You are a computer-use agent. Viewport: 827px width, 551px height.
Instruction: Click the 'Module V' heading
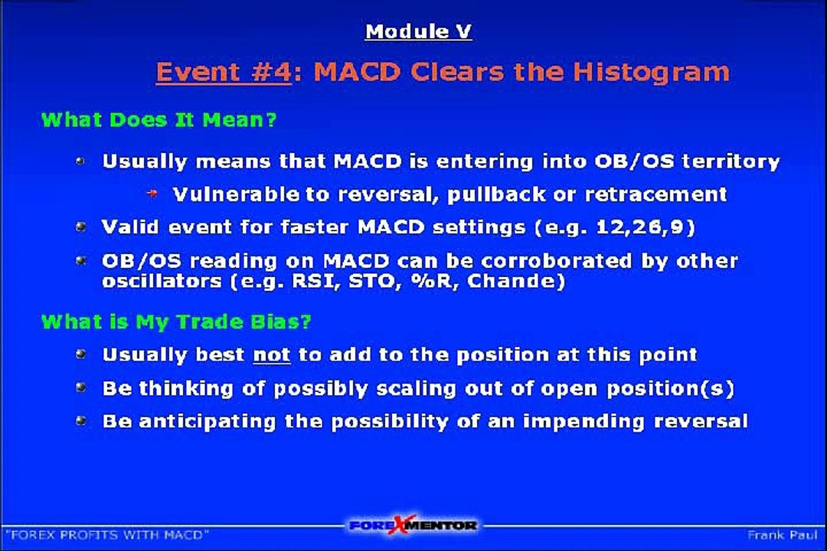(418, 31)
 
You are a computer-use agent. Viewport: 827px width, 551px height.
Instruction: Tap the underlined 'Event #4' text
(224, 72)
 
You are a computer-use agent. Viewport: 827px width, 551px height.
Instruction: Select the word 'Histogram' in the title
(652, 73)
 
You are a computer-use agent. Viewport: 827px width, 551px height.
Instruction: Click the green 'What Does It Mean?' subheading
(159, 119)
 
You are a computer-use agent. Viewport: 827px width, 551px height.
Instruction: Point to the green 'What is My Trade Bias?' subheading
(176, 321)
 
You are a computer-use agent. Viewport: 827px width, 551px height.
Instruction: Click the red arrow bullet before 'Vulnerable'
(152, 194)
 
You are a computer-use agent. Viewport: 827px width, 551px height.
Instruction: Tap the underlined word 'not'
(272, 355)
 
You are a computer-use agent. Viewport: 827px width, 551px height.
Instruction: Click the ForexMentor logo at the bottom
(413, 525)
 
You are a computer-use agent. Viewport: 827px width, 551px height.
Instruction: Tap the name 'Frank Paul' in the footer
(782, 535)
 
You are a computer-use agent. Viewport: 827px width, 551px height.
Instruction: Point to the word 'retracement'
(656, 194)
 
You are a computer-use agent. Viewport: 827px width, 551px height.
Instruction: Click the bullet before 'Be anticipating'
(81, 421)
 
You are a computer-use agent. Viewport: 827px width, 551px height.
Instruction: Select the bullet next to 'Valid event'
(81, 227)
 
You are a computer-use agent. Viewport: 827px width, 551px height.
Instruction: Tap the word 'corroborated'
(545, 260)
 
